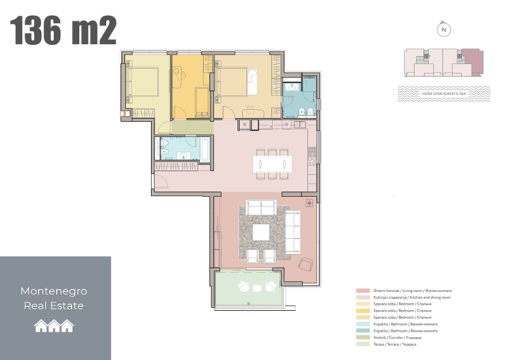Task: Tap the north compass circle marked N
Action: [444, 31]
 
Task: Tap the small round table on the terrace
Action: [247, 288]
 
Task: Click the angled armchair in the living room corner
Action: [305, 264]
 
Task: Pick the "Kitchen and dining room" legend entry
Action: [407, 297]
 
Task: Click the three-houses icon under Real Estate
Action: [55, 325]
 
